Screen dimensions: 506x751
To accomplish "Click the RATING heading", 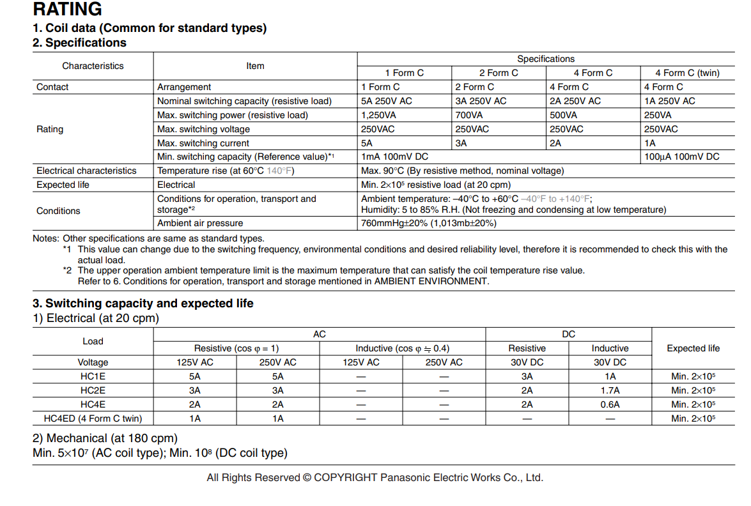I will click(67, 10).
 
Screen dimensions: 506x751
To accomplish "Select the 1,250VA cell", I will click(376, 115).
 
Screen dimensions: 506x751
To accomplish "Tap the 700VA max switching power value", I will click(469, 115).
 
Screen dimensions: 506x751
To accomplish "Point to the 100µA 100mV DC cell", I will click(681, 157).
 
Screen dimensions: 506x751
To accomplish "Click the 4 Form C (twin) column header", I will click(687, 73).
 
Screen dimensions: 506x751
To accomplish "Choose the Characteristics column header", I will click(93, 66).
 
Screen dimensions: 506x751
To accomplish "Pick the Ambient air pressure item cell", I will click(200, 223).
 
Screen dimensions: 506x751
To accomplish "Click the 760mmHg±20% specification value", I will click(428, 223).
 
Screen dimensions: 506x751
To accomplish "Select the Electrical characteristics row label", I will click(86, 171).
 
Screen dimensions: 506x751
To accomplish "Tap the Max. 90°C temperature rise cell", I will click(462, 171).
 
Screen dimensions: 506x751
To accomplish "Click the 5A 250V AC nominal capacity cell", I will click(386, 101).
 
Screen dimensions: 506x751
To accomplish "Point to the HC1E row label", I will click(93, 376).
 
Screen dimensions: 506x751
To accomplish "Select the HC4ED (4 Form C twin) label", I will click(93, 418).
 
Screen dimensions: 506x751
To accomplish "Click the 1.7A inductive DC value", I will click(610, 390).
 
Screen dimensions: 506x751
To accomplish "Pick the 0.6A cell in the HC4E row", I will click(610, 404).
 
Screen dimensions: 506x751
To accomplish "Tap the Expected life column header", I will click(693, 348).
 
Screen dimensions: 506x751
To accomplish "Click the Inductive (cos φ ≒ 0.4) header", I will click(402, 348).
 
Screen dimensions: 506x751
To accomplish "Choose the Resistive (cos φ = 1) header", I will click(236, 348).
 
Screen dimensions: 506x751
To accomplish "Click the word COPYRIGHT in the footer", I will click(345, 478).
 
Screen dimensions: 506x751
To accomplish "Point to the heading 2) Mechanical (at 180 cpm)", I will click(105, 438).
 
